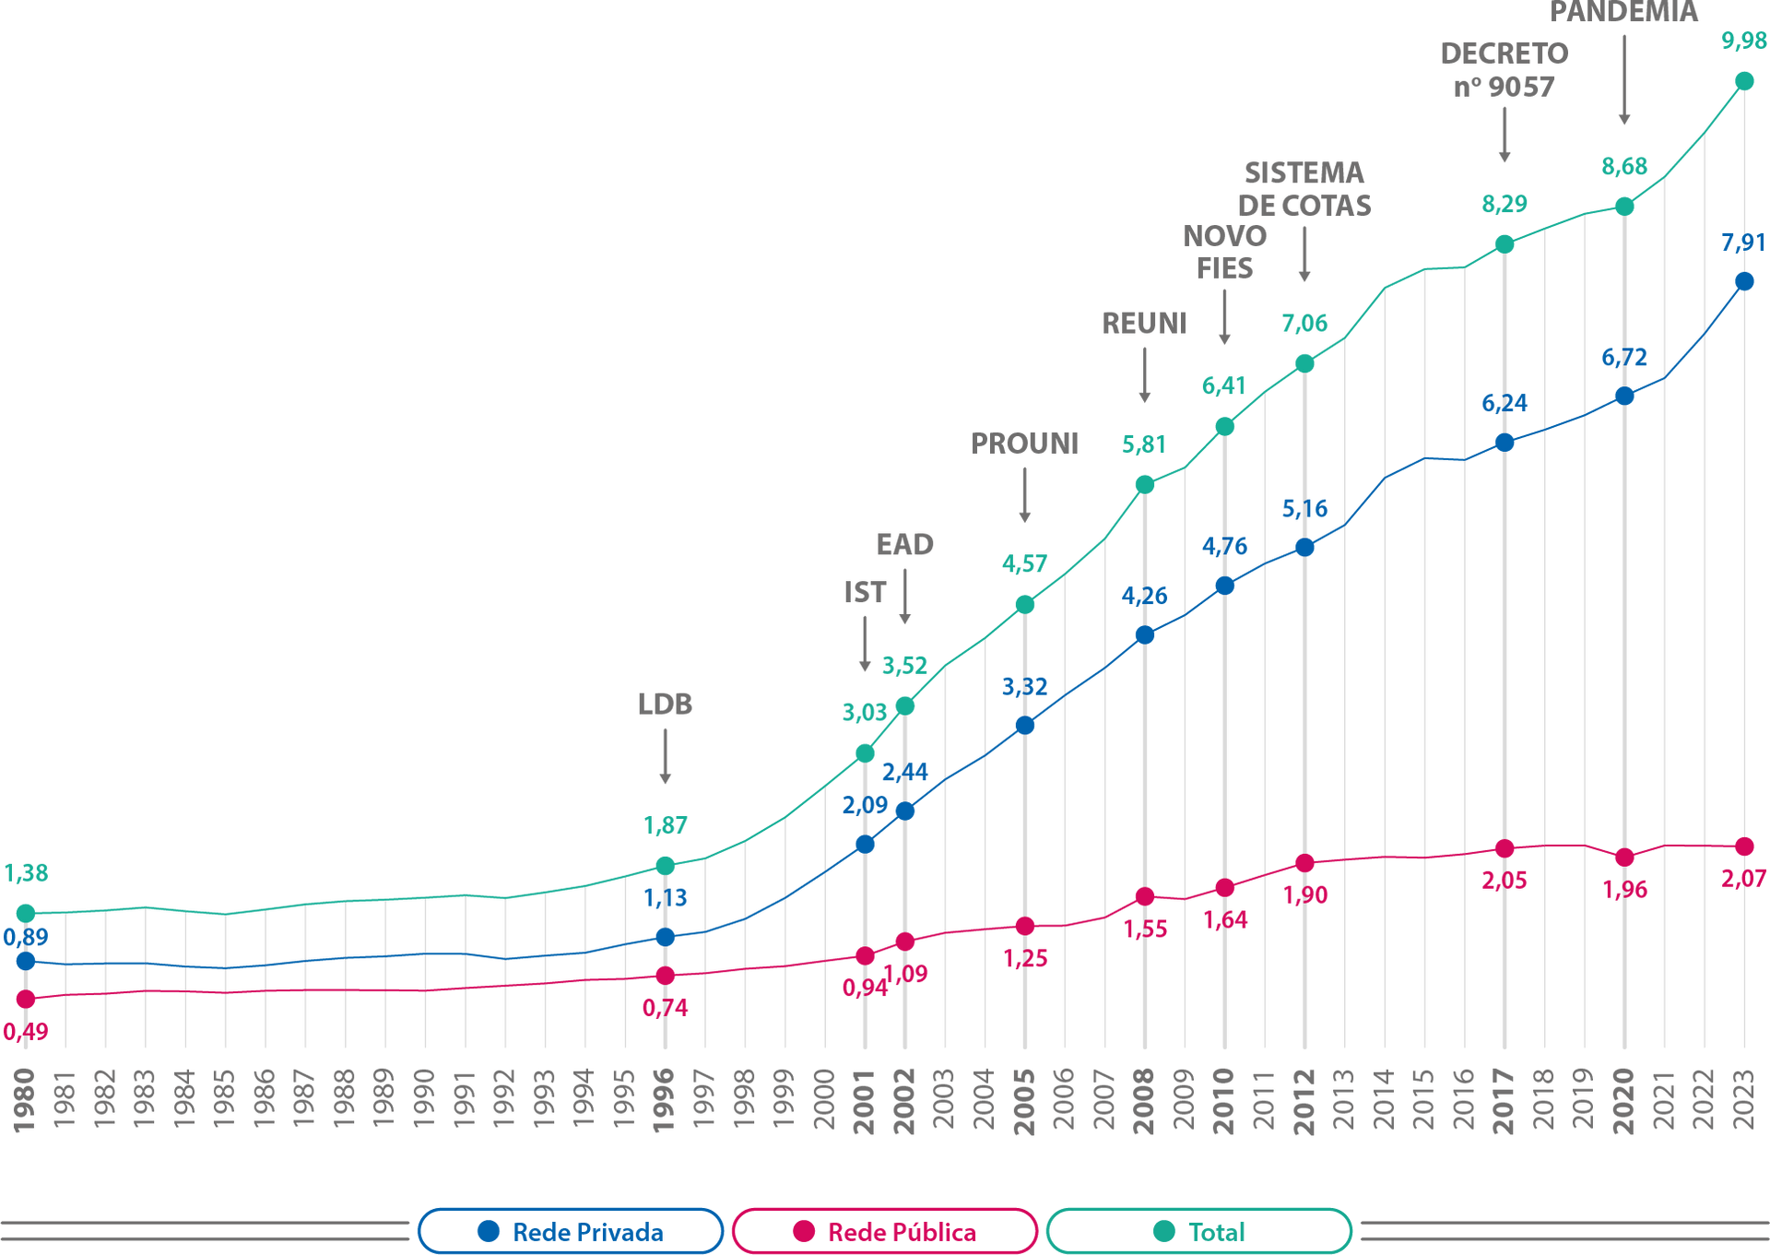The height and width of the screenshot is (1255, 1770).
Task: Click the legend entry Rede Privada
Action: pos(571,1230)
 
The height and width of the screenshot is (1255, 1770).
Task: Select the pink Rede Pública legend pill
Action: pos(885,1230)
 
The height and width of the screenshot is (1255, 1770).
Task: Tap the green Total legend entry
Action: pos(1199,1230)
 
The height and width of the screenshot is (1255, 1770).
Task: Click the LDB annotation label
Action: pos(665,704)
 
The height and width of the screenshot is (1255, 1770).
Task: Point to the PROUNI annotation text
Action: pos(1024,444)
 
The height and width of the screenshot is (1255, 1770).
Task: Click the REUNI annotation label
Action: pos(1144,323)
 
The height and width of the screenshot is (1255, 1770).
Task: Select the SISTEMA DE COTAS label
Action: pos(1304,189)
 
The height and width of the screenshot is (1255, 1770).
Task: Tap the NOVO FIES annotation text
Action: pos(1224,252)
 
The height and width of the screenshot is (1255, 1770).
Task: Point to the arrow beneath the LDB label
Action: pos(665,756)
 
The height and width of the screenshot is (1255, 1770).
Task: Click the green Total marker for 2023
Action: pos(1744,82)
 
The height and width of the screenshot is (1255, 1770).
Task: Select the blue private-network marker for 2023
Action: pos(1744,281)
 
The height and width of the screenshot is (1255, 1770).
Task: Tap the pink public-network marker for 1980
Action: pos(26,999)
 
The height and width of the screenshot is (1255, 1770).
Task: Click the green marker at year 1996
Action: pos(665,865)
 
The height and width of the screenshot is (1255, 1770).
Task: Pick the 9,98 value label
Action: pos(1743,41)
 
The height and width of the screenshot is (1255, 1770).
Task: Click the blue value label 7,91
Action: pos(1742,243)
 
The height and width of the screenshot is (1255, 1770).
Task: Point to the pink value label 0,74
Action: pos(665,1008)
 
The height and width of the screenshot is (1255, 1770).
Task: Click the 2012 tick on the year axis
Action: pos(1304,1100)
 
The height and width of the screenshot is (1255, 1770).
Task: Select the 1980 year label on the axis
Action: pos(24,1100)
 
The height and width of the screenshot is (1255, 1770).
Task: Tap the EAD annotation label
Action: pos(904,544)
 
